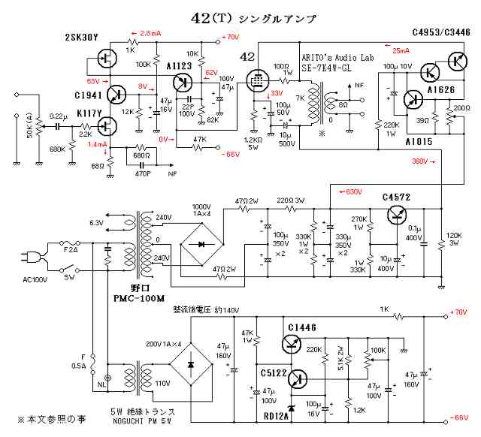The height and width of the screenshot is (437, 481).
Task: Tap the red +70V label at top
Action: pyautogui.click(x=230, y=37)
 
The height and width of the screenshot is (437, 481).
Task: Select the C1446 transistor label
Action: pyautogui.click(x=303, y=327)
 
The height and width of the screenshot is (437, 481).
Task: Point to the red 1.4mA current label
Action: pyautogui.click(x=97, y=144)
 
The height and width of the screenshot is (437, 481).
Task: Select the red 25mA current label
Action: pyautogui.click(x=401, y=51)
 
